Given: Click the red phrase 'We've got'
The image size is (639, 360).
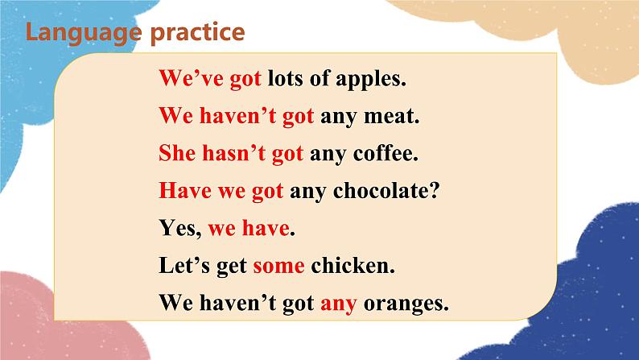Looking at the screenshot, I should [x=204, y=79].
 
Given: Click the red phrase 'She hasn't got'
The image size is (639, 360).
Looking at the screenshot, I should [x=231, y=153].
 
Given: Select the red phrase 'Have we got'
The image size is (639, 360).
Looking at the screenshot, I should [x=221, y=191].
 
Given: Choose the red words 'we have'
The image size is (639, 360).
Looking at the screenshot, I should [x=248, y=229].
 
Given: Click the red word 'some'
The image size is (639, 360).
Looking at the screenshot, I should [x=279, y=266].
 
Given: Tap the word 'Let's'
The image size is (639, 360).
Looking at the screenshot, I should [x=184, y=266].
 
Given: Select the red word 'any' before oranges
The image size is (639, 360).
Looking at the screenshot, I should [x=338, y=304].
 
